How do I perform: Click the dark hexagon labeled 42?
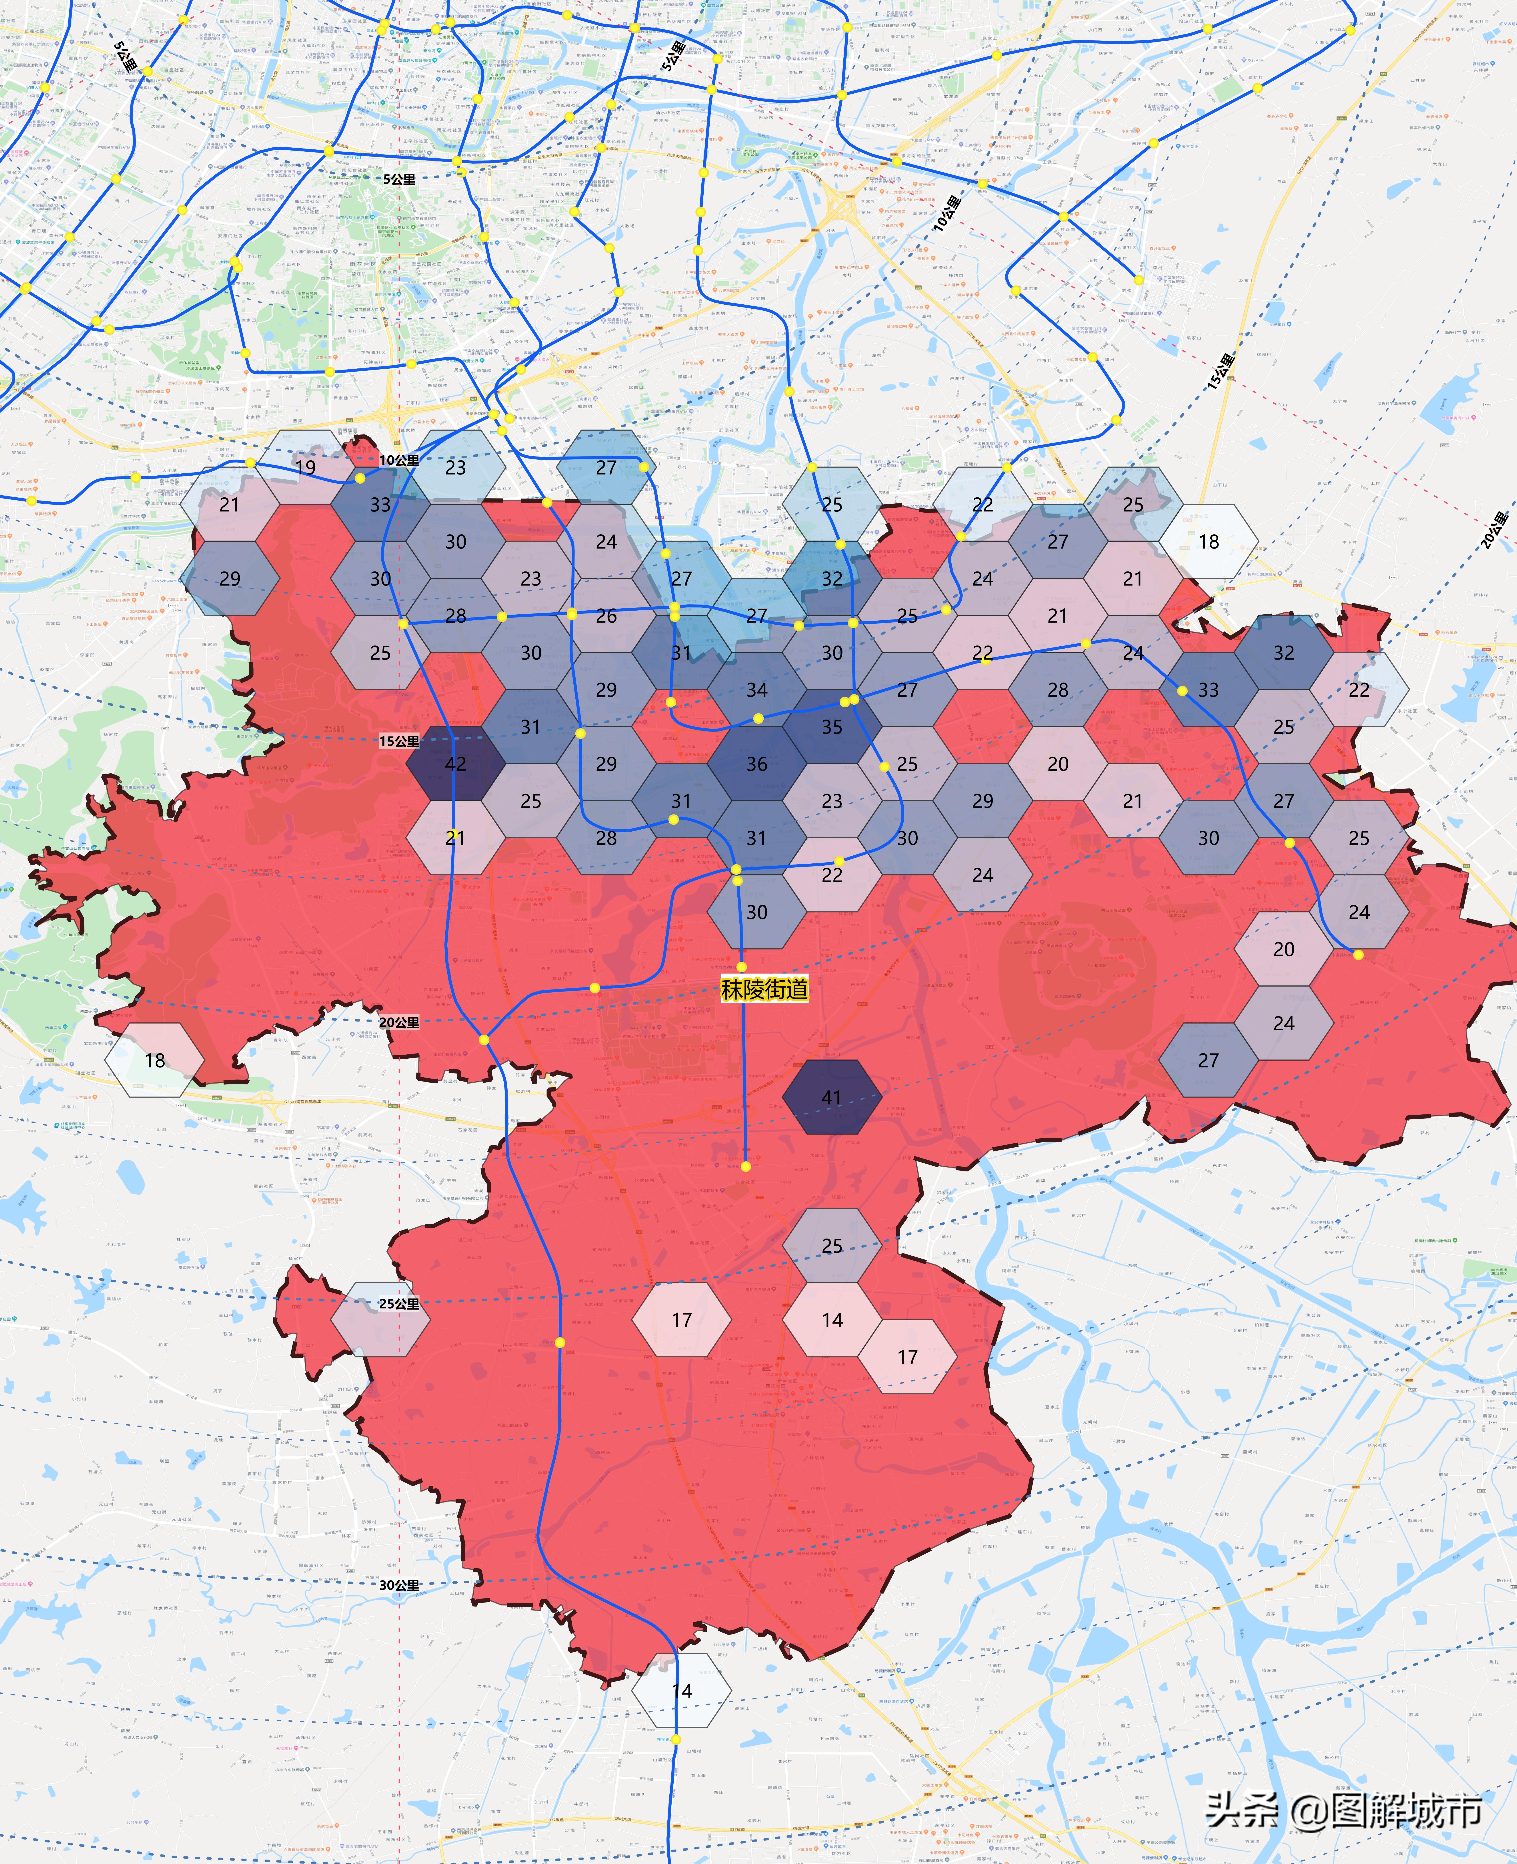click(455, 763)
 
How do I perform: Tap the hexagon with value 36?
click(757, 763)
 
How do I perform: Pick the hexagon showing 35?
click(832, 726)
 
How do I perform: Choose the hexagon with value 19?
click(305, 467)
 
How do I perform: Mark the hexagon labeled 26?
click(606, 615)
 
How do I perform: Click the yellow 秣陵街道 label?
click(765, 990)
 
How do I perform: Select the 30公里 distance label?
click(398, 1585)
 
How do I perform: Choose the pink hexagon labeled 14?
click(832, 1319)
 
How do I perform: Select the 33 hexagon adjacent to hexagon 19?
click(380, 505)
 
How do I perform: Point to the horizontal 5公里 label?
click(398, 179)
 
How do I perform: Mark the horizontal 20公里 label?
click(398, 1022)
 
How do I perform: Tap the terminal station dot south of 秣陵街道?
click(745, 1166)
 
